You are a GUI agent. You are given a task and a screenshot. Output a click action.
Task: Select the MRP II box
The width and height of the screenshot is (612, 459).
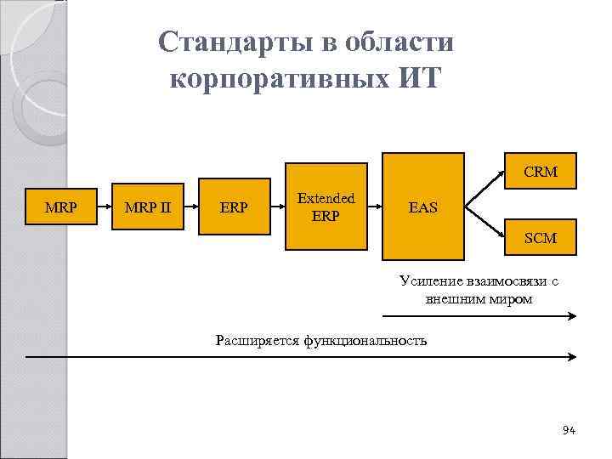tap(147, 206)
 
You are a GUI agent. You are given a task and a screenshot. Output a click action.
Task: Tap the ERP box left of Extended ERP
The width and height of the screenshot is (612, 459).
tap(234, 206)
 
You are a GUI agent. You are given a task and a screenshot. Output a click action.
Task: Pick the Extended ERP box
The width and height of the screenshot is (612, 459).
tap(326, 207)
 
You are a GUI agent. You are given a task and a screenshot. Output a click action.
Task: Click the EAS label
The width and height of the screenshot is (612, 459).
tap(423, 207)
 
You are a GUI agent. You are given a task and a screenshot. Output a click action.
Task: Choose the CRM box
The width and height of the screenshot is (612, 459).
tap(540, 172)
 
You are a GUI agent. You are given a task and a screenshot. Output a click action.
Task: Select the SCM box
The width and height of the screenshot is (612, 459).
tap(540, 238)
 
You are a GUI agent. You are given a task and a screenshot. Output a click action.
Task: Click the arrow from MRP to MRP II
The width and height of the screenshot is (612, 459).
tap(103, 206)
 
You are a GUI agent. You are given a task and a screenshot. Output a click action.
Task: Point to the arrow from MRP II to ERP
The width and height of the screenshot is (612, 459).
tap(190, 206)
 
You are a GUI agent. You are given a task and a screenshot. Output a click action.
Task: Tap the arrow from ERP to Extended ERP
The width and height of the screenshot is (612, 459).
tap(277, 206)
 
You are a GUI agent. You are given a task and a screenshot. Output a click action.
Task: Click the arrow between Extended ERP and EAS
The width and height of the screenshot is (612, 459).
tap(374, 206)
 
